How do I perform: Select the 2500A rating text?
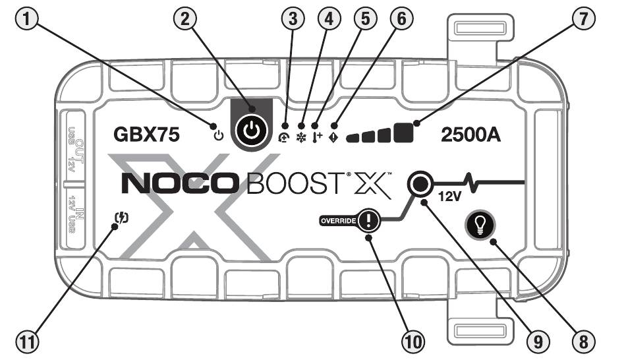click(x=469, y=135)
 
